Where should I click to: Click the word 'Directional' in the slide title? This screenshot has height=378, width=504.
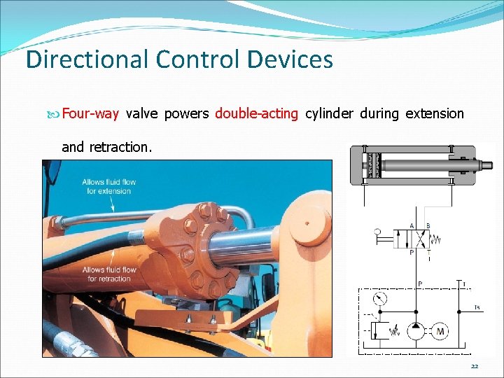[87, 59]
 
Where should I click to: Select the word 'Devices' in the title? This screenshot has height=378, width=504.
[290, 59]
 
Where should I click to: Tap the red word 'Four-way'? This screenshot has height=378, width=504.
[90, 113]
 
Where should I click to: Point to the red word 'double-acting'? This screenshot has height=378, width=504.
[256, 113]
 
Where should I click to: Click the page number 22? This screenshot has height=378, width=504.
[475, 367]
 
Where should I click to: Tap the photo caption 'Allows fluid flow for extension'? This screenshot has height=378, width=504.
[109, 186]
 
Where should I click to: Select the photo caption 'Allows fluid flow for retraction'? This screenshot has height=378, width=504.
[109, 274]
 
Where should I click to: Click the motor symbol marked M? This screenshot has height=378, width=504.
[442, 330]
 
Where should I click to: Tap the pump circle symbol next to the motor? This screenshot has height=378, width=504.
[418, 330]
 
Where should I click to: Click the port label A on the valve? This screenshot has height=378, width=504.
[412, 225]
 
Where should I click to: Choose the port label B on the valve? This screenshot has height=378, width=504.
[428, 225]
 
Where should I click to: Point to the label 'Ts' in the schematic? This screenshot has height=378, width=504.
[477, 307]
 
